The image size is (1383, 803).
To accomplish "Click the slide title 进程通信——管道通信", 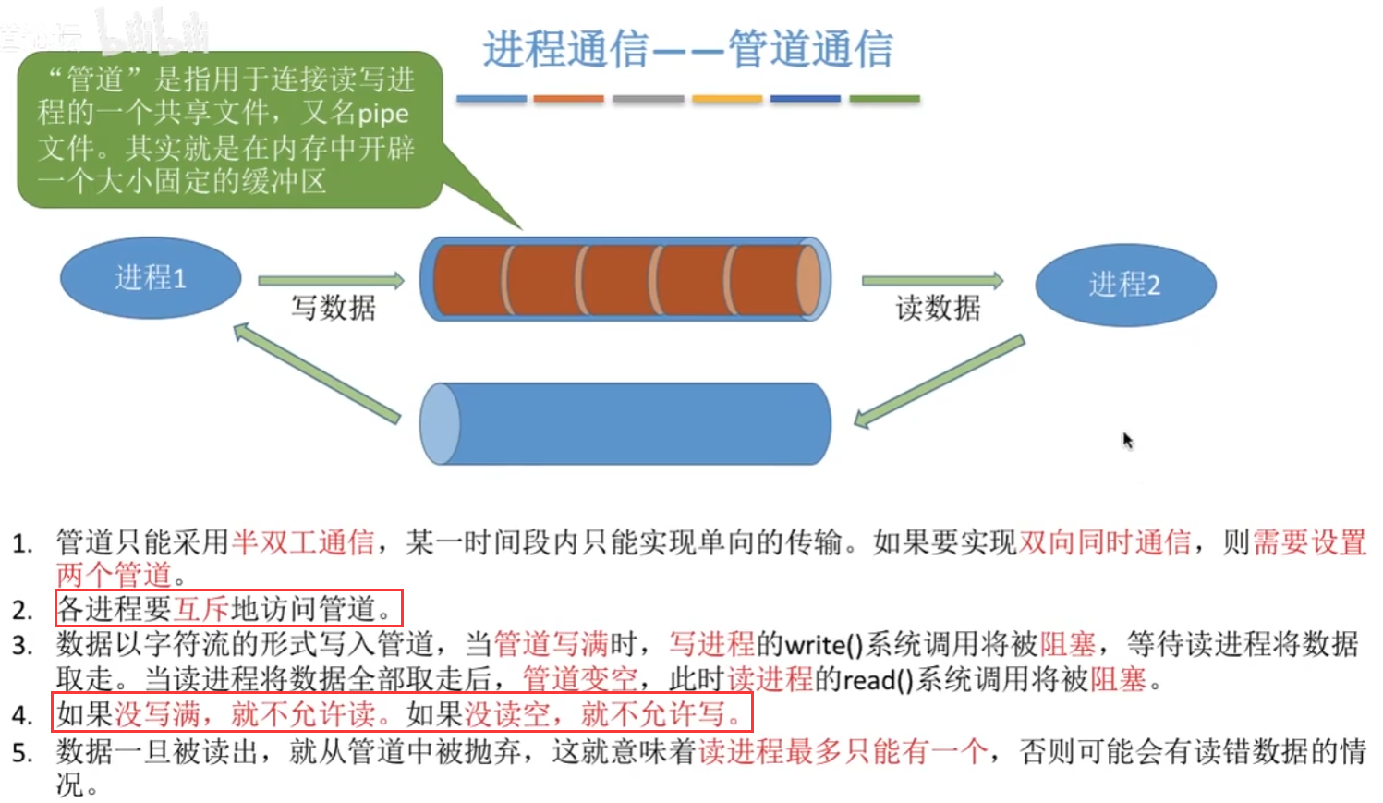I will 687,49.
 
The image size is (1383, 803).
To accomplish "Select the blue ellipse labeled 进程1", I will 151,277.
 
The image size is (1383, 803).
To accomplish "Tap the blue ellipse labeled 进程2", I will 1124,285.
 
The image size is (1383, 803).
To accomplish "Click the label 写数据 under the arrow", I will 334,308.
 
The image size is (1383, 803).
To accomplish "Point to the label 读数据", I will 938,308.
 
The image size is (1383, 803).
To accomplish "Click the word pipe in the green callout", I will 382,114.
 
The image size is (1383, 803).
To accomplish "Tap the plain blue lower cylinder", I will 625,423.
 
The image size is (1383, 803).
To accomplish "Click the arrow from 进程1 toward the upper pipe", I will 331,280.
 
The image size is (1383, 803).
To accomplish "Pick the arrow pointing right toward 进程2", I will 931,280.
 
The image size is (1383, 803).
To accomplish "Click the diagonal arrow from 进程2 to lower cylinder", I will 939,382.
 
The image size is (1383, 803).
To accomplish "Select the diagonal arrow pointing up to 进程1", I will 316,371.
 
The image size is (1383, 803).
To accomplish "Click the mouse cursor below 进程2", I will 1127,440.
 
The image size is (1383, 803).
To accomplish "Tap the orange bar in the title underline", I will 568,99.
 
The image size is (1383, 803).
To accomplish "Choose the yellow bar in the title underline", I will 727,99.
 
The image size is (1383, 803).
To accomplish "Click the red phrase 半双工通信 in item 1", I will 303,541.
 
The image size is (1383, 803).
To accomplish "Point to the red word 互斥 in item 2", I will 201,609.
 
